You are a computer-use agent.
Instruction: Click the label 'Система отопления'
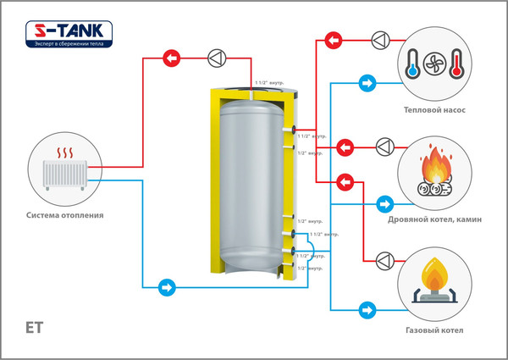point(65,215)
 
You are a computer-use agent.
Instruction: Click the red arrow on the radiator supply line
point(172,58)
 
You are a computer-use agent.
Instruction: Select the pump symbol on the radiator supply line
point(216,58)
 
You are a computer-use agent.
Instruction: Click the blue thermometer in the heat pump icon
point(412,64)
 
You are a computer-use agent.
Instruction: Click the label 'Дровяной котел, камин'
point(435,219)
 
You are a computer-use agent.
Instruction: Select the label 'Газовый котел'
point(435,330)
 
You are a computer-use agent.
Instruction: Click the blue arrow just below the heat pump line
point(367,84)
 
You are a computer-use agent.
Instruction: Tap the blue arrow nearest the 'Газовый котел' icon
point(367,308)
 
